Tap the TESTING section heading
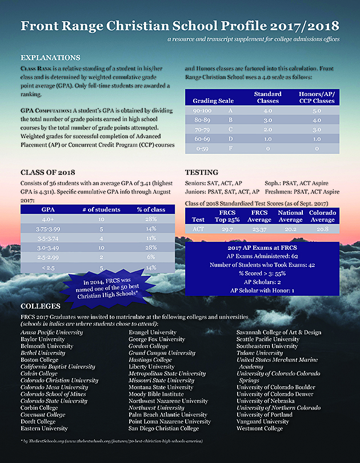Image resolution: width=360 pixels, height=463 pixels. (x=202, y=172)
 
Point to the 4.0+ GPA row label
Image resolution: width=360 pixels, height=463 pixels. (x=49, y=219)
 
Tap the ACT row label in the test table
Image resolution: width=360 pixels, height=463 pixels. (x=198, y=229)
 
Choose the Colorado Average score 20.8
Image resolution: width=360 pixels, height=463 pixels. (x=323, y=229)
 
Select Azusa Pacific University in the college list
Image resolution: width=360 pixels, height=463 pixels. (x=51, y=332)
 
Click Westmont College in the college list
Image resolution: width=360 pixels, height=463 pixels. (x=259, y=428)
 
